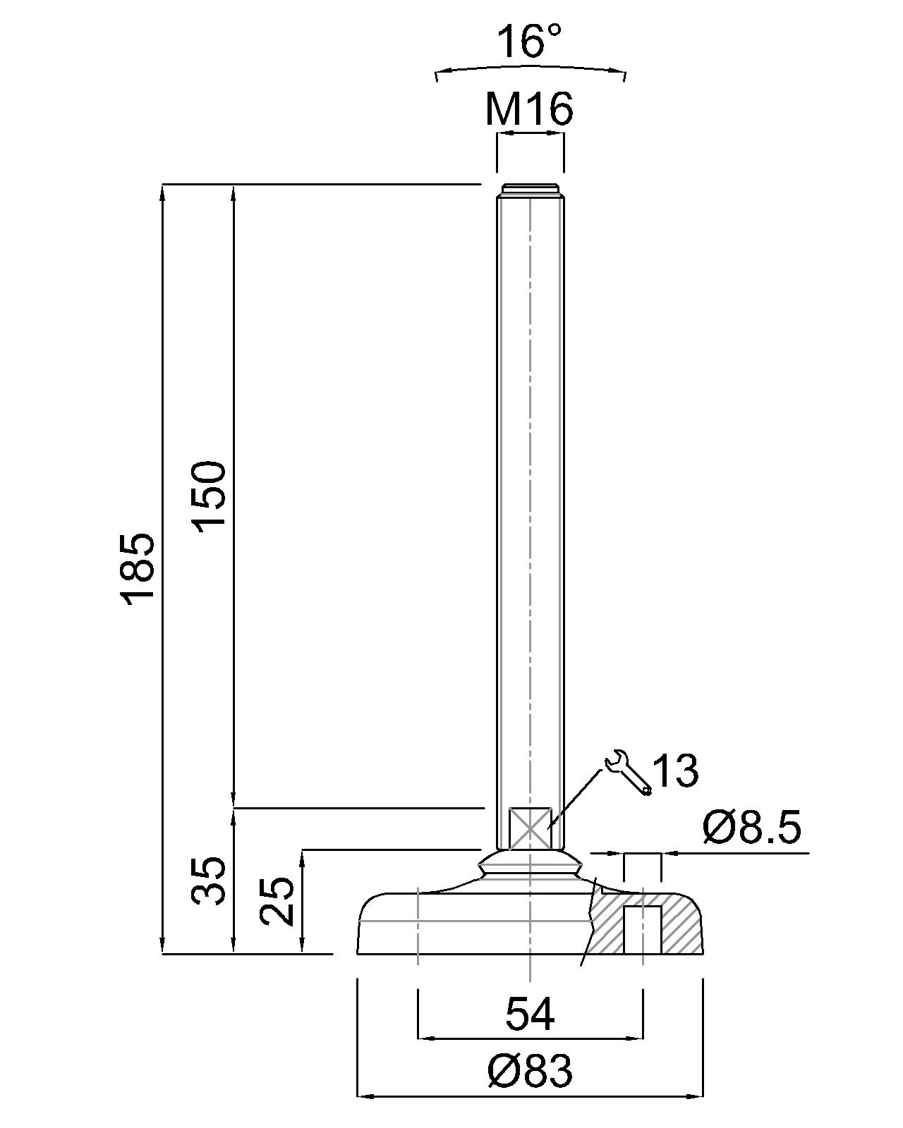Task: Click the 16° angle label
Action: click(528, 42)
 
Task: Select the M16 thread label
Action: click(529, 109)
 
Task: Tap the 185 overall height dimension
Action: click(138, 570)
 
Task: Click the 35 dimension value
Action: click(209, 881)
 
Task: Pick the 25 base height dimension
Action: click(277, 901)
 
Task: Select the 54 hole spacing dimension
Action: click(529, 1014)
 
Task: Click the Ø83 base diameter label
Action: click(529, 1069)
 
